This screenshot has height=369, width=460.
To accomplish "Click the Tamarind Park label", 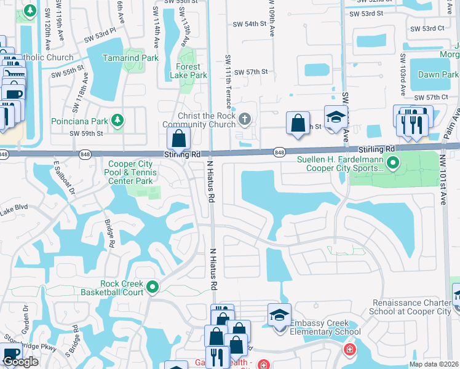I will coord(130,58).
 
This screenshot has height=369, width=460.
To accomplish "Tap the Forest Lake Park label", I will coord(188,71).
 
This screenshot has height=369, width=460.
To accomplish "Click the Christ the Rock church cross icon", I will coord(245,119).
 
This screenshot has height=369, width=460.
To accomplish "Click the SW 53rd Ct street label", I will coord(427,28).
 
